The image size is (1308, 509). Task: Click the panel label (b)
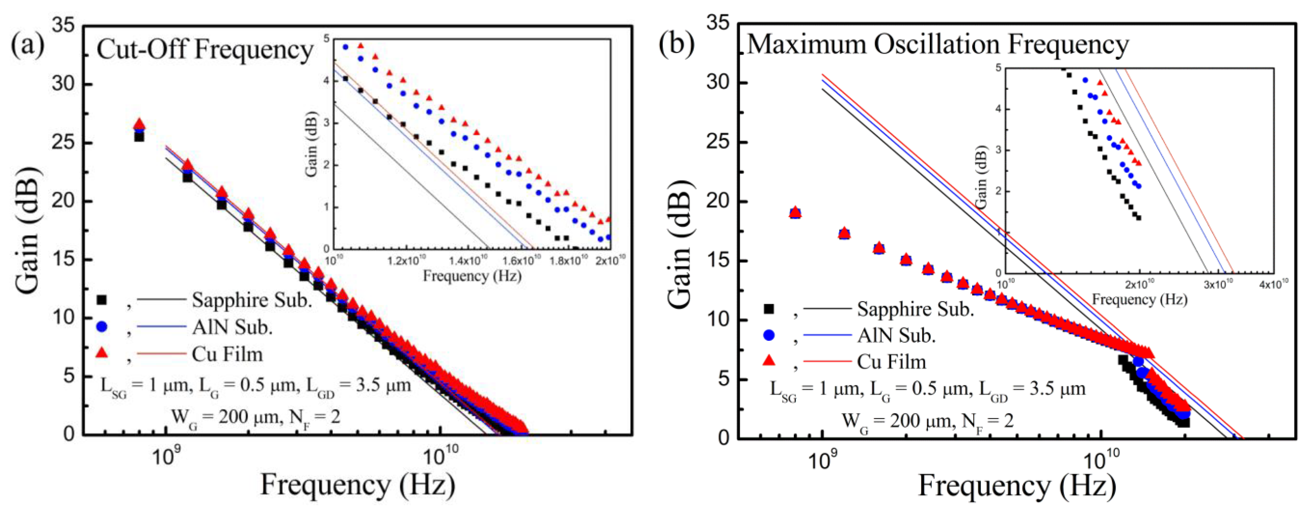[676, 43]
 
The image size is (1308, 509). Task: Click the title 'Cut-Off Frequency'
[205, 50]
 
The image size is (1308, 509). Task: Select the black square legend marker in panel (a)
[101, 300]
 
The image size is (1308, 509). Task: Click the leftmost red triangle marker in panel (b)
[795, 212]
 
